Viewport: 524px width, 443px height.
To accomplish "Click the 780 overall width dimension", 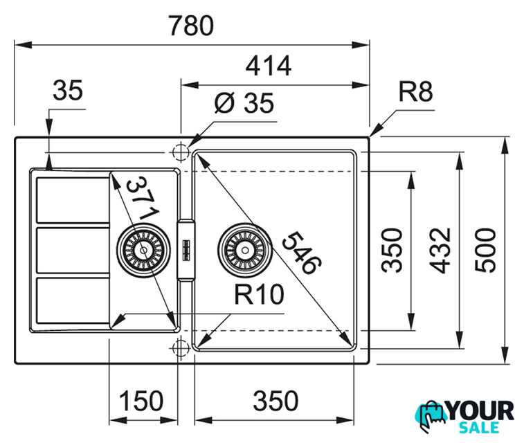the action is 191,26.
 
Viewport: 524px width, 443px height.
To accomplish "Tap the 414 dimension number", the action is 269,66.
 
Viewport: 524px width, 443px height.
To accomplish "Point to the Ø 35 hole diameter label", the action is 244,102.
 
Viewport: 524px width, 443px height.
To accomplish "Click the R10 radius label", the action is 259,294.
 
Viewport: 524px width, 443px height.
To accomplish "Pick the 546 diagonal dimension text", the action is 301,253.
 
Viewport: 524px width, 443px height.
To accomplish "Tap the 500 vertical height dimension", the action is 485,251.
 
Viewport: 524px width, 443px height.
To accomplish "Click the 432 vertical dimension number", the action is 440,251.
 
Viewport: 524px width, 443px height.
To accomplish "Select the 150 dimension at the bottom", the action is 141,401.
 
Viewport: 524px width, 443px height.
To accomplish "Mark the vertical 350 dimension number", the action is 392,251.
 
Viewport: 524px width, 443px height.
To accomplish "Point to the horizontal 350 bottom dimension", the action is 275,401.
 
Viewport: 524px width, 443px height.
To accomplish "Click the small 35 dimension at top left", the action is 68,90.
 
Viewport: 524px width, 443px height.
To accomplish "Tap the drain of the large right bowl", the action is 245,250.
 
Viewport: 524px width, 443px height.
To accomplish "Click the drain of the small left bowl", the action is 143,250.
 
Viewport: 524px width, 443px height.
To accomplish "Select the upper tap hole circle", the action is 181,152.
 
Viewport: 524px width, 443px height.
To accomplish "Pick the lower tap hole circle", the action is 181,347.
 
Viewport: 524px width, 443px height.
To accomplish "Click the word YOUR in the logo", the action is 480,411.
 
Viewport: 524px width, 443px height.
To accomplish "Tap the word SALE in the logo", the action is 480,428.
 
